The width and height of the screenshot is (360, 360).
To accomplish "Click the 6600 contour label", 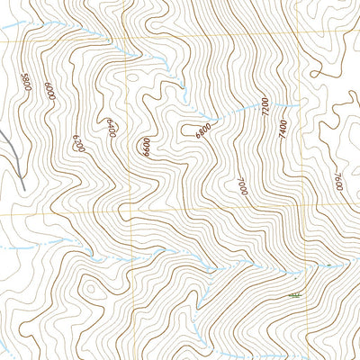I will (x=146, y=147).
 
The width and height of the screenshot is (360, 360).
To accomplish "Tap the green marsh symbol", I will (x=292, y=294).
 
